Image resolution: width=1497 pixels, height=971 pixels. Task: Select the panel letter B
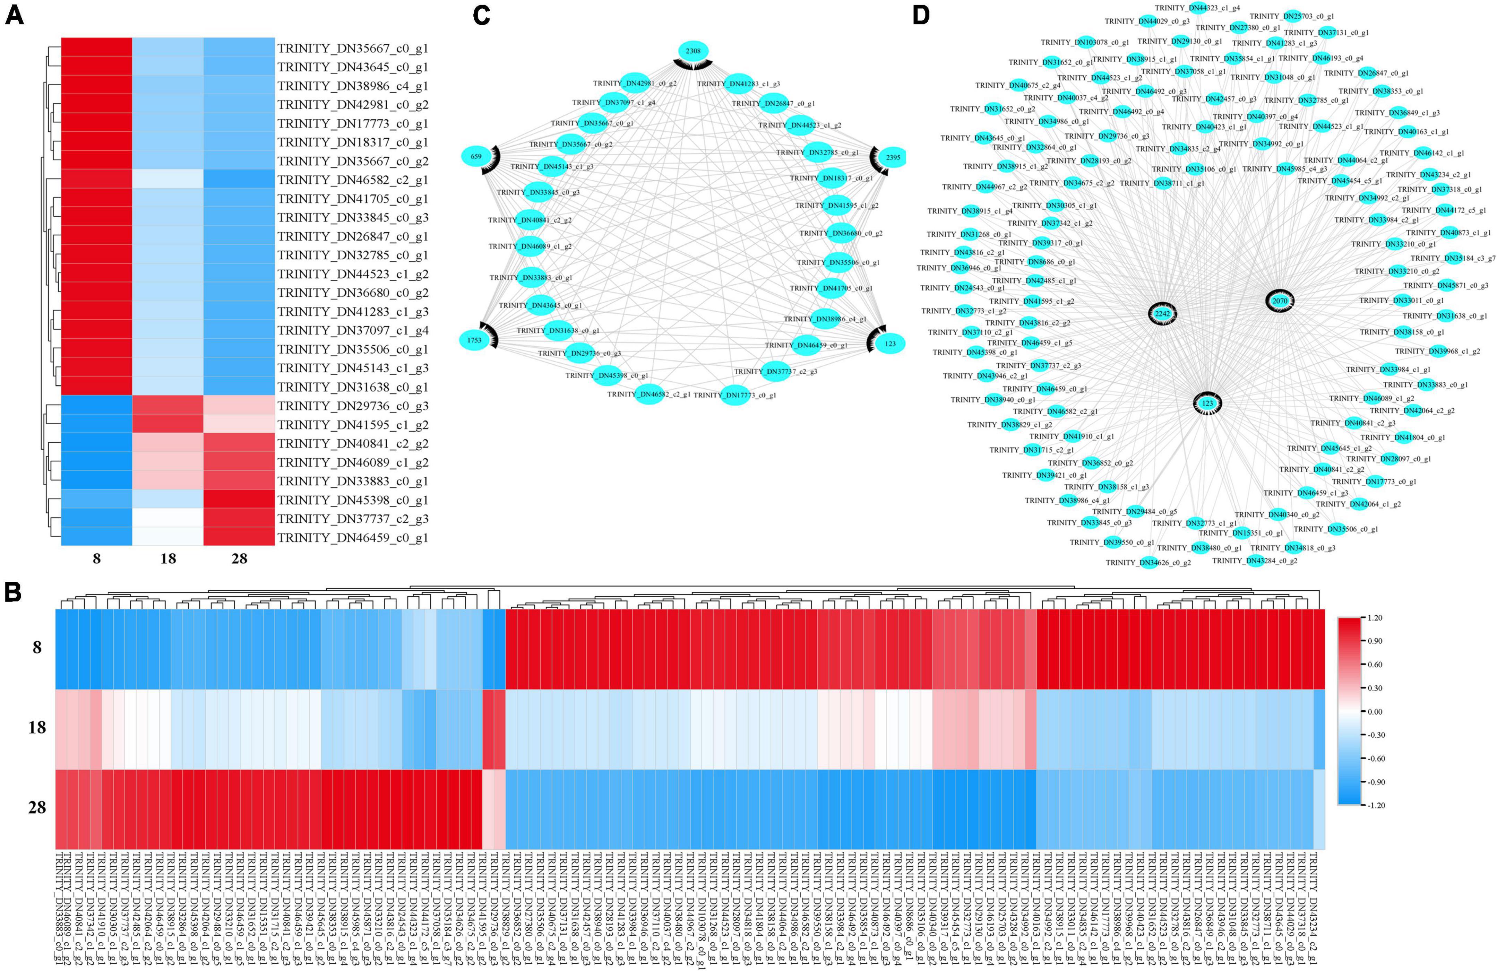[14, 592]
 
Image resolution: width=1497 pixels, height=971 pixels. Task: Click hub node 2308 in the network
[693, 51]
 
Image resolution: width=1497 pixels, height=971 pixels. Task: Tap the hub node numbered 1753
[474, 340]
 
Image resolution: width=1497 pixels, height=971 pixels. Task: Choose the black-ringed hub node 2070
[1280, 301]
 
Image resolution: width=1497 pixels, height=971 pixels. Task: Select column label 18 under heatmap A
[168, 558]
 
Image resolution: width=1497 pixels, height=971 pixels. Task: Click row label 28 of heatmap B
[37, 807]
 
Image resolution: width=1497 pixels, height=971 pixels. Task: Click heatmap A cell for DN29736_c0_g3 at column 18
[168, 406]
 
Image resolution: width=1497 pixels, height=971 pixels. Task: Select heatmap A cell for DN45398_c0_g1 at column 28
[239, 500]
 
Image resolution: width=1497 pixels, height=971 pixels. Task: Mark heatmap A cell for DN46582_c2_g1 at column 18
[168, 180]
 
